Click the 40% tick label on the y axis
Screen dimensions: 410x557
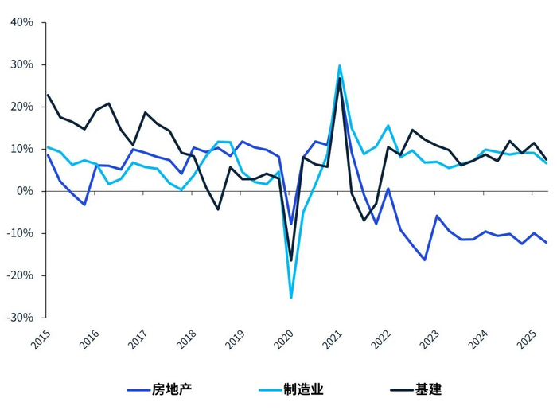click(22, 22)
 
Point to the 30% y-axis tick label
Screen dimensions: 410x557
click(22, 64)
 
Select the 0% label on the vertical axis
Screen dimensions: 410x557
click(25, 191)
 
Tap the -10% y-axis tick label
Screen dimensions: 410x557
click(21, 233)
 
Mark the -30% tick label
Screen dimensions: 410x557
click(21, 317)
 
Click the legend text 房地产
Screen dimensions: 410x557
click(172, 389)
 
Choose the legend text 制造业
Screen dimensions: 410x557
click(304, 389)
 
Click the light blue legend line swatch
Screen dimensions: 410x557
click(270, 390)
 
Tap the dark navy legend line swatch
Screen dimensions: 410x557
click(402, 390)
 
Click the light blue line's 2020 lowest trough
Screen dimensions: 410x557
click(291, 298)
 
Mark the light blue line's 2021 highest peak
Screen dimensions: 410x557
click(340, 66)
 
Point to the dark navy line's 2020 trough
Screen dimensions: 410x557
click(291, 260)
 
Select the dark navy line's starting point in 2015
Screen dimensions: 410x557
click(48, 96)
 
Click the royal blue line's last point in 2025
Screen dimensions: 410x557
click(547, 243)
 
